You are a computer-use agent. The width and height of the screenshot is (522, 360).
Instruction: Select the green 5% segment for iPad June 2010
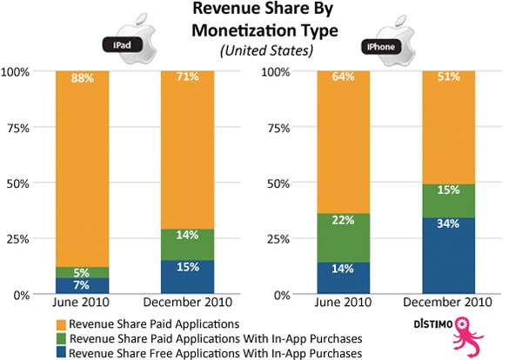81,271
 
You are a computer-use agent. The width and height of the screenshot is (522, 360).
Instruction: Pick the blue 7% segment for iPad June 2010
81,285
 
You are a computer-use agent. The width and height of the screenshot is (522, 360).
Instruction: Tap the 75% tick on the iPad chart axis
21,126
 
